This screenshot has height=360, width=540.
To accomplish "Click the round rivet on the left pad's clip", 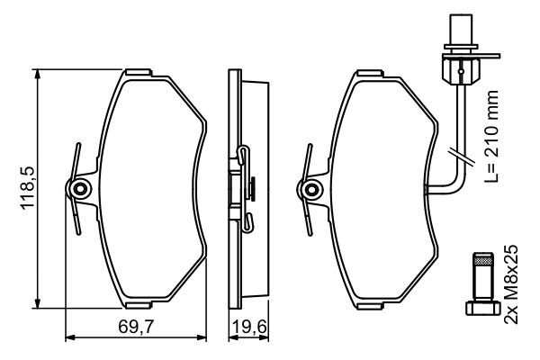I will tap(81, 189).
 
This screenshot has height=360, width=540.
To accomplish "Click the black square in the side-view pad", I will tap(253, 188).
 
